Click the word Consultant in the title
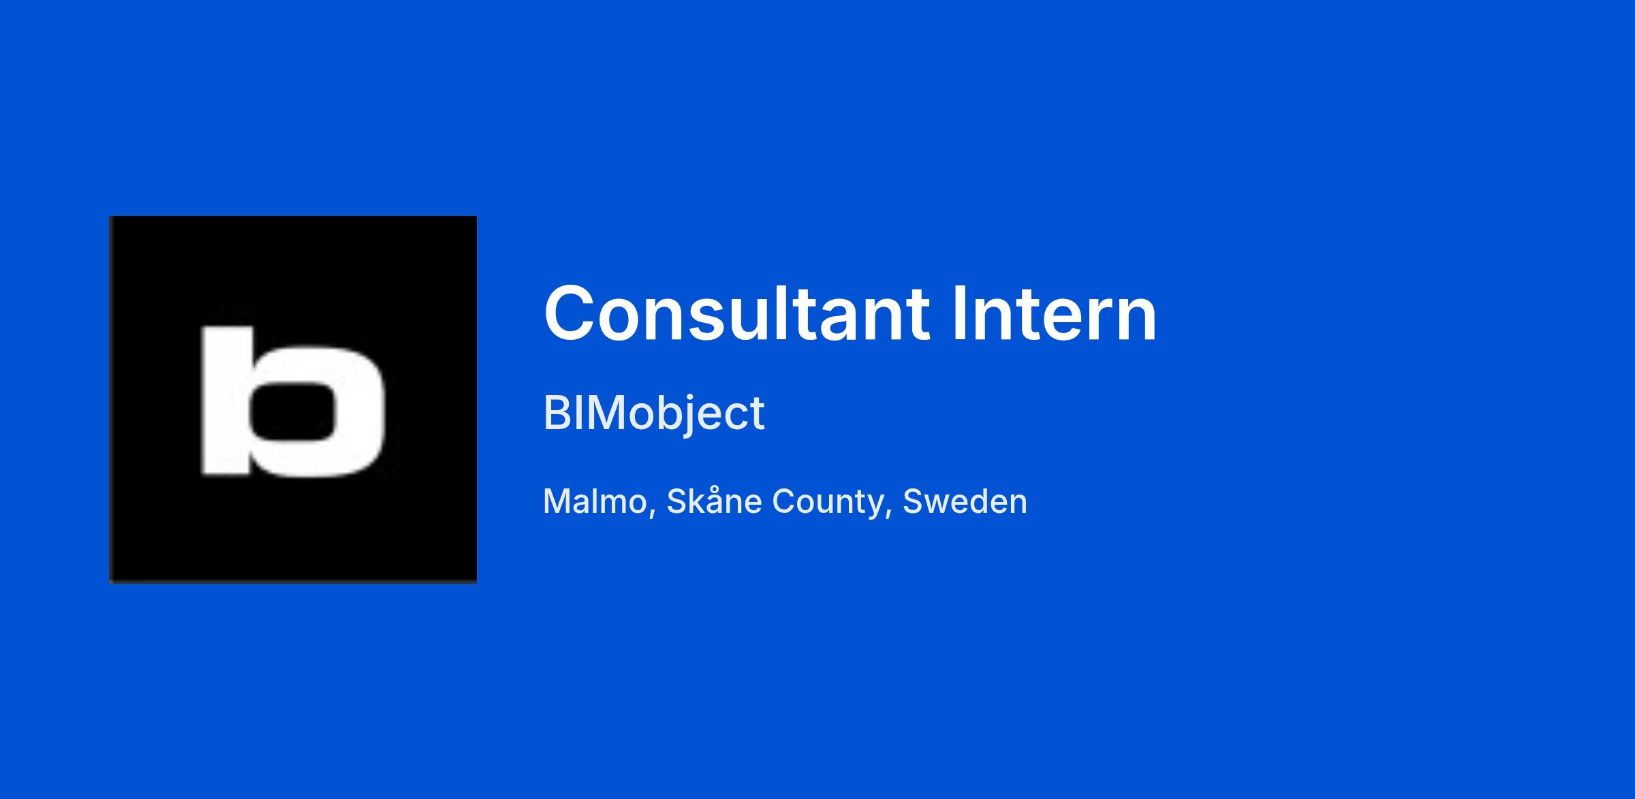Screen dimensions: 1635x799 [x=736, y=314]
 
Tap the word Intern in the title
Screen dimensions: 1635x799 [x=1055, y=314]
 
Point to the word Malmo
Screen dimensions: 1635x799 [x=595, y=501]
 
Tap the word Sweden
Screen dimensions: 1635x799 [x=965, y=501]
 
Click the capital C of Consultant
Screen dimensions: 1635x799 [x=571, y=314]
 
